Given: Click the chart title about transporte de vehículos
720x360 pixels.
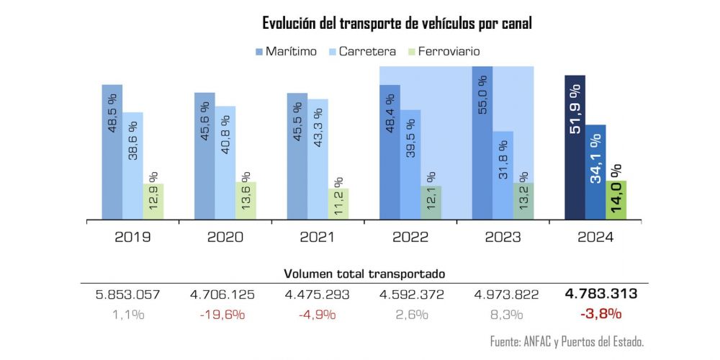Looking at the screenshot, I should click(x=397, y=23).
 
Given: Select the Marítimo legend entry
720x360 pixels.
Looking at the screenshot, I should click(x=287, y=51).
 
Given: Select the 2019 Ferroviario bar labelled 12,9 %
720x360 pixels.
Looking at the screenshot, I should click(x=153, y=202).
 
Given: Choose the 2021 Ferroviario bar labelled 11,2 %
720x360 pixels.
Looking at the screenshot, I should click(x=338, y=204).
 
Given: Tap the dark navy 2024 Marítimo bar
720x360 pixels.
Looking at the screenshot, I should click(x=575, y=148).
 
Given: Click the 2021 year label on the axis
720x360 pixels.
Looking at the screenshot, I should click(x=318, y=236).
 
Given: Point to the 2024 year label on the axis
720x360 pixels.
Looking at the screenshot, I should click(x=595, y=236).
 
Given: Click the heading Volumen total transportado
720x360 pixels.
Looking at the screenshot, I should click(x=364, y=274).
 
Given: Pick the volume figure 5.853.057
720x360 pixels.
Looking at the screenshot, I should click(x=127, y=294).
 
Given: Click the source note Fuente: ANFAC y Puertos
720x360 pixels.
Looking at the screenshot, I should click(x=566, y=341).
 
